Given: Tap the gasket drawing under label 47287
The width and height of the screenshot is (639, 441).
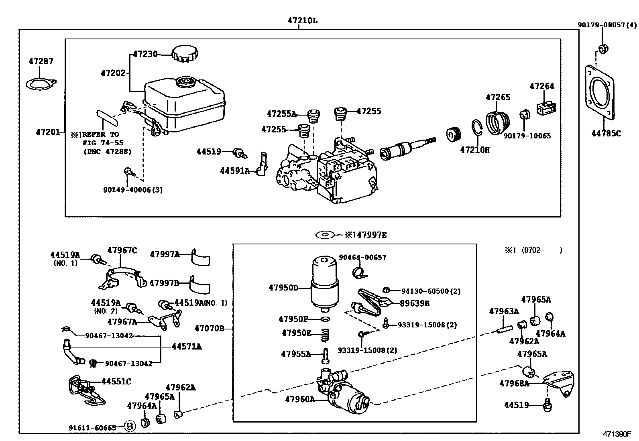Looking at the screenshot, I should (40, 84).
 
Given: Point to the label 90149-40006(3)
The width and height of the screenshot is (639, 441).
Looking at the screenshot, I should (133, 190).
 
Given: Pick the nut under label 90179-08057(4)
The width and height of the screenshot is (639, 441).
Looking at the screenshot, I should (602, 49).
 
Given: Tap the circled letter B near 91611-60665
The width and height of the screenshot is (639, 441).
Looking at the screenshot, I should (130, 427).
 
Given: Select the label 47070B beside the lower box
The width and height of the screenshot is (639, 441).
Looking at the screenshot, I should (209, 329).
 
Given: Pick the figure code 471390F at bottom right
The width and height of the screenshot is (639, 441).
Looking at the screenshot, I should (617, 435).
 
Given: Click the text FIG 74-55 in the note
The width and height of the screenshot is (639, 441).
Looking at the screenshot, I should (104, 143).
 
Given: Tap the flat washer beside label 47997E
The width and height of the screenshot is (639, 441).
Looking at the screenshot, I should (326, 235).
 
